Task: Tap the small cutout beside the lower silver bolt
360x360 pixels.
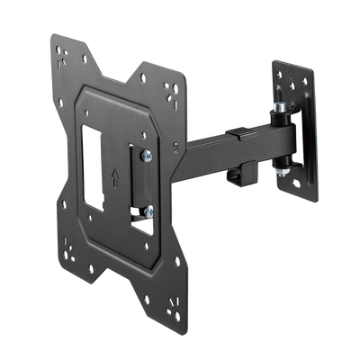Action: tap(136, 215)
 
